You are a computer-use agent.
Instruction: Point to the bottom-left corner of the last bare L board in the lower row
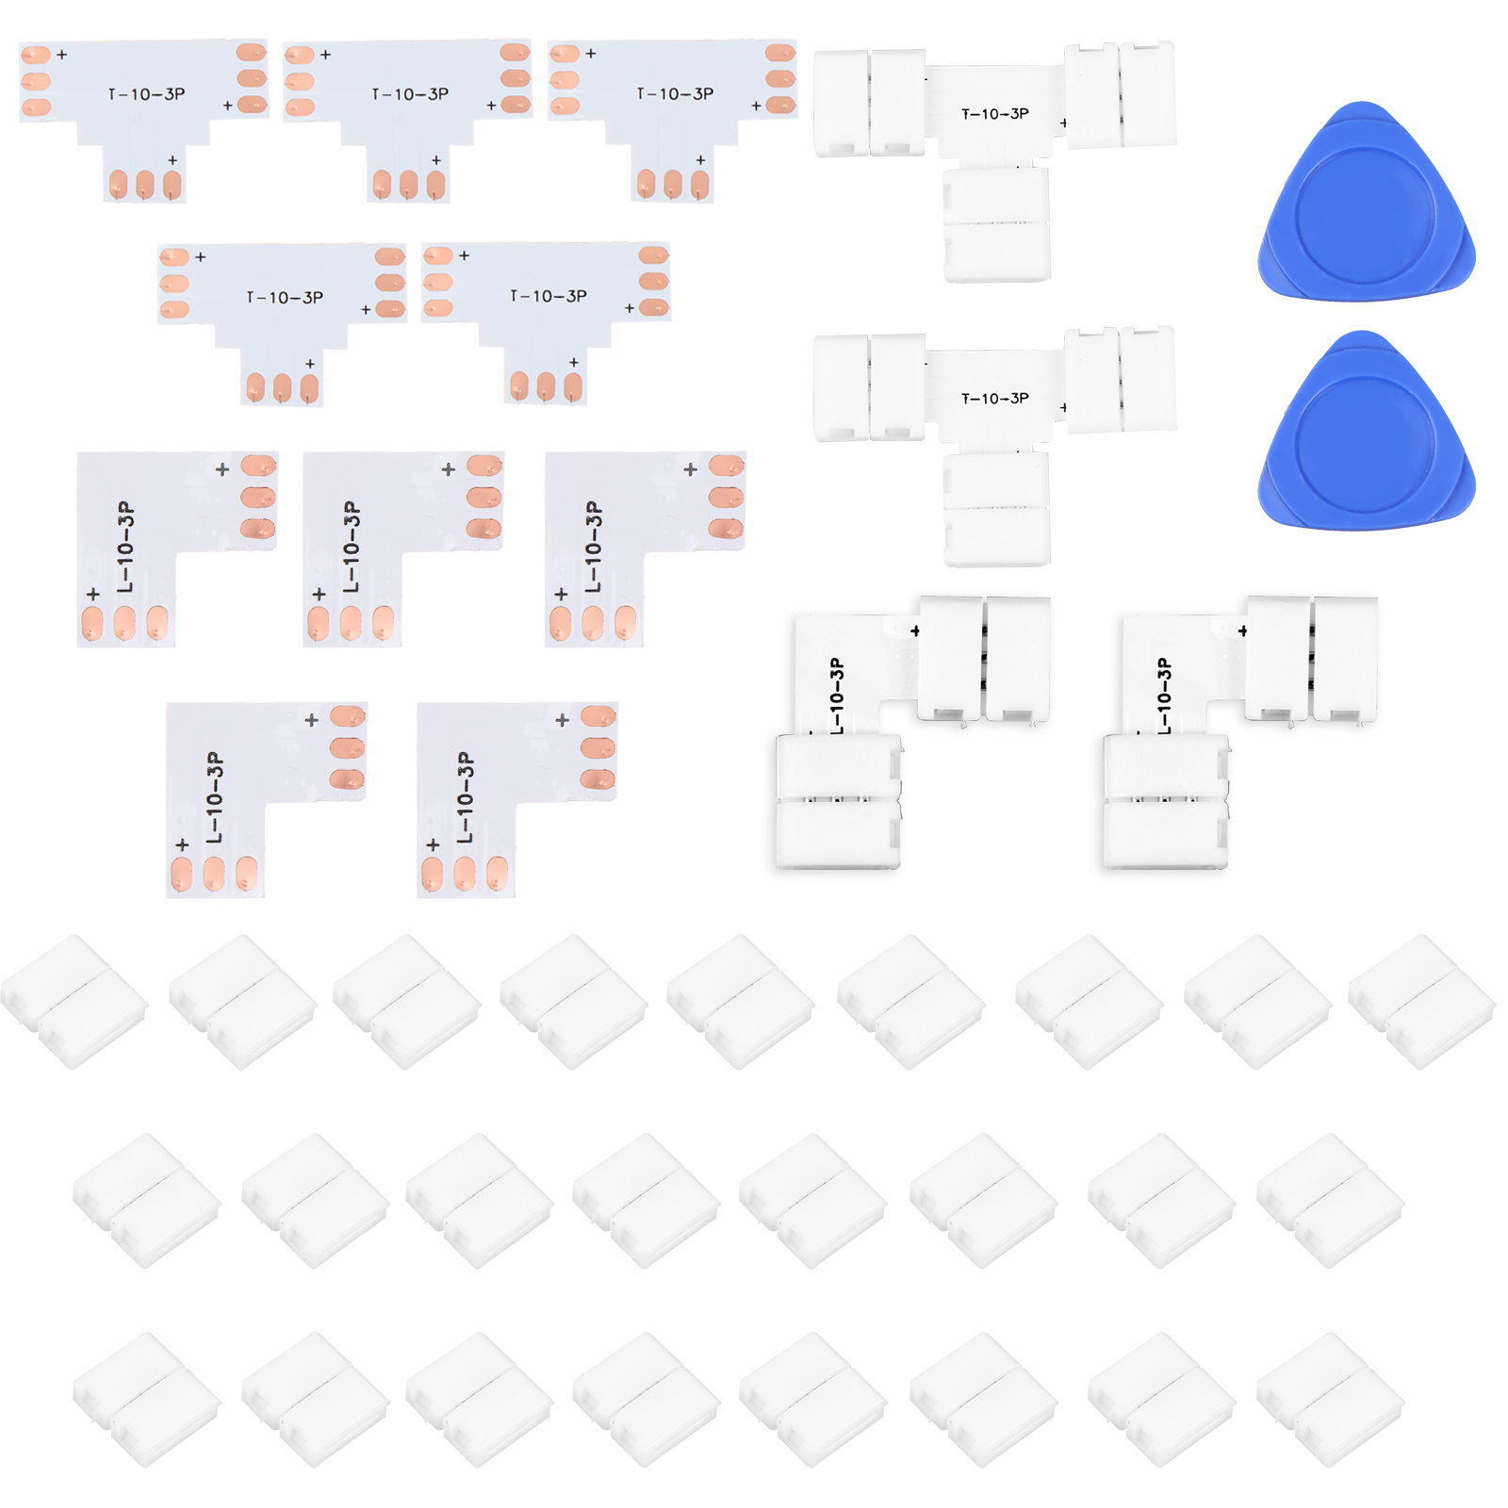click(418, 896)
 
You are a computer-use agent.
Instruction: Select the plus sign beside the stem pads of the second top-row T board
click(436, 160)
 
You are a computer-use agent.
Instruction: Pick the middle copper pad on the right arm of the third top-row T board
click(780, 78)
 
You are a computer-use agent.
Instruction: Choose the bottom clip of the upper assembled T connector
click(997, 224)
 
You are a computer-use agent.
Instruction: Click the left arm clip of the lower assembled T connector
click(869, 386)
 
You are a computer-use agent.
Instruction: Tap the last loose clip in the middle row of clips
click(1331, 1201)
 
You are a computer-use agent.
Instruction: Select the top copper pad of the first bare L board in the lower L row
click(348, 716)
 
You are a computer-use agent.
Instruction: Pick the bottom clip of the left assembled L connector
click(838, 801)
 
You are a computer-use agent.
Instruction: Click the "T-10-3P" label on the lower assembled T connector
click(995, 399)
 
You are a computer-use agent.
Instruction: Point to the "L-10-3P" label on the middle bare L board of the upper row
click(352, 547)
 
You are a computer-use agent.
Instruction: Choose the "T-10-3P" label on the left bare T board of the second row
click(285, 298)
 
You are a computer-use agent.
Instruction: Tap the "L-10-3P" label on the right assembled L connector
click(1165, 696)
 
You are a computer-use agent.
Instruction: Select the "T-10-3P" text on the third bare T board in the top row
click(675, 94)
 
